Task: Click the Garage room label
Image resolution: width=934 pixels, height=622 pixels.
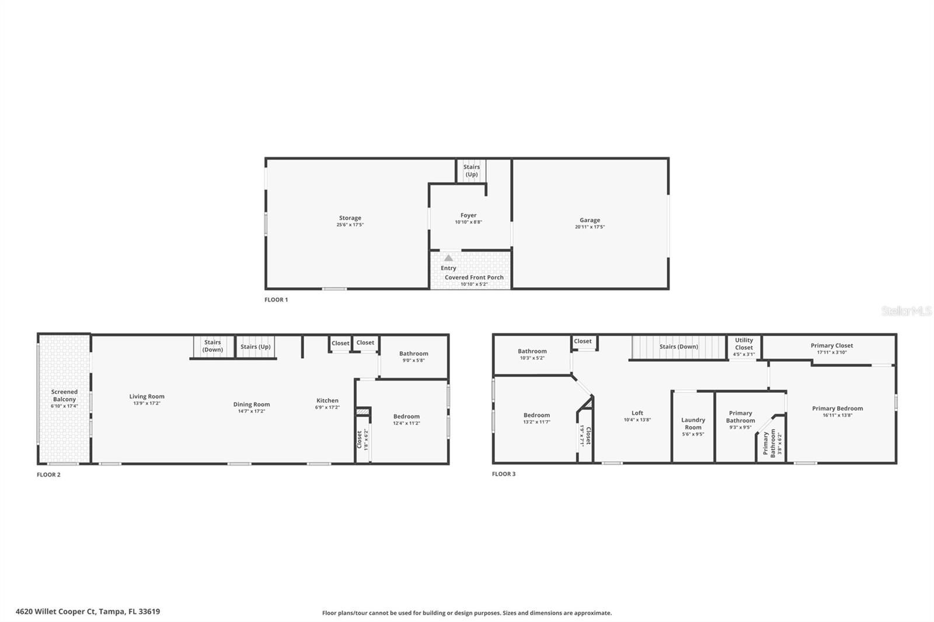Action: [590, 220]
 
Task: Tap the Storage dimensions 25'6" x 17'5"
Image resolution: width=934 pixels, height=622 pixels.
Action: [350, 225]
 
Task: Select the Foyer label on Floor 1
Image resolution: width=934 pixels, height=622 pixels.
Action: [468, 215]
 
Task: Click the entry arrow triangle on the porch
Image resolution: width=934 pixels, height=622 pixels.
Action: [448, 258]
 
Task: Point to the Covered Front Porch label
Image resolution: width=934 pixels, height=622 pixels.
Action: [474, 277]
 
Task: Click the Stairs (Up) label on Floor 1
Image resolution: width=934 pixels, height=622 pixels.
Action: [471, 170]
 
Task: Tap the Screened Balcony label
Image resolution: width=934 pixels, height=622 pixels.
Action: [64, 396]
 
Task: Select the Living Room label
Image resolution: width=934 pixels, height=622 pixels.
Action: [147, 397]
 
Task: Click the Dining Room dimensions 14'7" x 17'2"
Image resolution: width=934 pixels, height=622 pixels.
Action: [251, 411]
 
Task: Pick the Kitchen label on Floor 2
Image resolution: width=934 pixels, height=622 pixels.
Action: [327, 400]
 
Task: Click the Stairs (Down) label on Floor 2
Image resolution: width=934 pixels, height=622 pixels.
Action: [212, 346]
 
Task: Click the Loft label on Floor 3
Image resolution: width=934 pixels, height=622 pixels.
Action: [637, 413]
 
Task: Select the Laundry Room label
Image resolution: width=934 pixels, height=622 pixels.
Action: [693, 424]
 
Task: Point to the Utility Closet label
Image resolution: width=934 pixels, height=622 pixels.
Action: [744, 344]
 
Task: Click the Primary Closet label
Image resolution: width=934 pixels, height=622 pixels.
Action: [831, 345]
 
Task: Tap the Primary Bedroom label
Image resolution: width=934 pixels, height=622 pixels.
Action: [837, 408]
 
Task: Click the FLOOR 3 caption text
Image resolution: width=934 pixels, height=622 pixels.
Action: [504, 474]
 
